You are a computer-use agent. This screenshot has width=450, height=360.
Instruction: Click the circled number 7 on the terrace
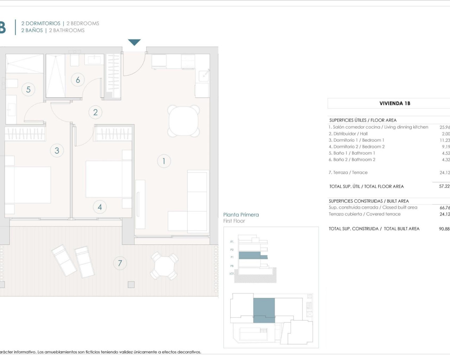coord(120,263)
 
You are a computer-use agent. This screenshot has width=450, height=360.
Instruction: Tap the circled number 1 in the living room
coord(164,161)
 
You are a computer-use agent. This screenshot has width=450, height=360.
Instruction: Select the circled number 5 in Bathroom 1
coord(28,89)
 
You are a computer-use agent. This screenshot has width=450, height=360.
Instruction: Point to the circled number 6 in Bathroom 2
coord(78,80)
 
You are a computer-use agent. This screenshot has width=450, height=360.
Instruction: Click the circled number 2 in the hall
coord(95,112)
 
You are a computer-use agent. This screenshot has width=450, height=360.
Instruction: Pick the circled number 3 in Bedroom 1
coord(57,150)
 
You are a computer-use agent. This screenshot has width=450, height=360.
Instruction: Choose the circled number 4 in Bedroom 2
coord(100,207)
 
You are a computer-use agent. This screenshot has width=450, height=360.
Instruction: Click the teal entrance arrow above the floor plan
coord(134,42)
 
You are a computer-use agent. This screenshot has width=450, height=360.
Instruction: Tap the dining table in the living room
coord(184,121)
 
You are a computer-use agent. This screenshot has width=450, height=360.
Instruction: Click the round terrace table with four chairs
coord(164,266)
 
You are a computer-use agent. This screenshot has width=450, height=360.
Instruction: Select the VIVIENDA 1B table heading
coord(395,103)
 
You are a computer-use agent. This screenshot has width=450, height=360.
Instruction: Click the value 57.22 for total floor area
coord(444,186)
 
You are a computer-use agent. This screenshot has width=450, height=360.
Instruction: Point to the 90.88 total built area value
coord(444,229)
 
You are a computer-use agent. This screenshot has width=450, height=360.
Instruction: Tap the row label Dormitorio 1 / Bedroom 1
coord(356,140)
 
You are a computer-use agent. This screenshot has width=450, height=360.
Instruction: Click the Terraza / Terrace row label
coord(348,173)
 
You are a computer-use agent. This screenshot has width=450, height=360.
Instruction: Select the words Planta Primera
coord(241,214)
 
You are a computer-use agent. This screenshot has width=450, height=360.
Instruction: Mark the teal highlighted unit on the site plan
coord(264,310)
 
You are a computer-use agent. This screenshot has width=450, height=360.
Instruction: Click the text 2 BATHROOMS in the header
coord(67,30)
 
